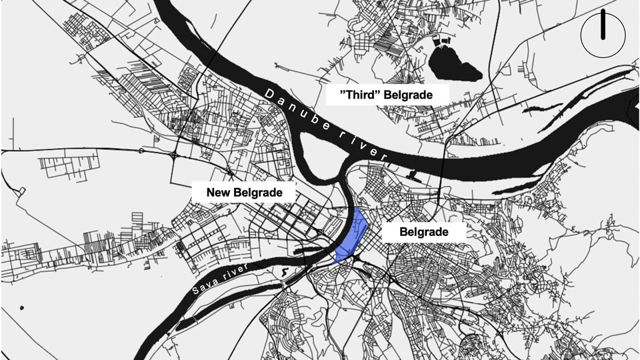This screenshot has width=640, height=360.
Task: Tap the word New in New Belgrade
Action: pyautogui.click(x=219, y=193)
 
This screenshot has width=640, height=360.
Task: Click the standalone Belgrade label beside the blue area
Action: pyautogui.click(x=423, y=233)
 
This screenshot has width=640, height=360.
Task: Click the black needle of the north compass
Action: pyautogui.click(x=603, y=25)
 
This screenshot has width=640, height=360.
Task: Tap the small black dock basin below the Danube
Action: pyautogui.click(x=413, y=175)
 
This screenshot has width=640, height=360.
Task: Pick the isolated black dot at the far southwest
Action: pyautogui.click(x=22, y=308)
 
